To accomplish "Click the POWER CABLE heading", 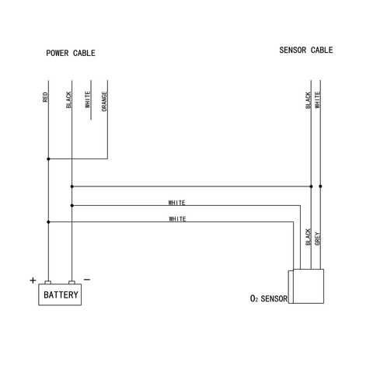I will coord(71,53).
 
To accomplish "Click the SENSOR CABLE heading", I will coord(305,50).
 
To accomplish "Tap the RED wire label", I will coord(45,98).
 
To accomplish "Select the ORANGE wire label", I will coord(104,101).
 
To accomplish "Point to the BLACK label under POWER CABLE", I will coord(68,99).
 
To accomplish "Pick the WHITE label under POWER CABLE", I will coord(87,99).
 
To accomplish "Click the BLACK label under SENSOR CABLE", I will coord(309,99).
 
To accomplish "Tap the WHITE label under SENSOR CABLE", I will coord(318,99).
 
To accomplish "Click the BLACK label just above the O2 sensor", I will coord(309,237).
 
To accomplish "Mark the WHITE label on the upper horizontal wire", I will coord(177,203).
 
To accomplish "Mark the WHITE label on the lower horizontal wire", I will coord(177,219).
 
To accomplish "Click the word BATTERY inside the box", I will coord(61,295).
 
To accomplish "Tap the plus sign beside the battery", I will coord(33,281).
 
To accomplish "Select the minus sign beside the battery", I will coord(87,280).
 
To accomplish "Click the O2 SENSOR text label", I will coord(269,298).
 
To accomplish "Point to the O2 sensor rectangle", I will coord(306,286).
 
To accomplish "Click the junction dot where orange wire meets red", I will coord(48,159).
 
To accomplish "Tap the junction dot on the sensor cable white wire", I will coord(321,186).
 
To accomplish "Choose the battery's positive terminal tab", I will coord(48,284).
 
